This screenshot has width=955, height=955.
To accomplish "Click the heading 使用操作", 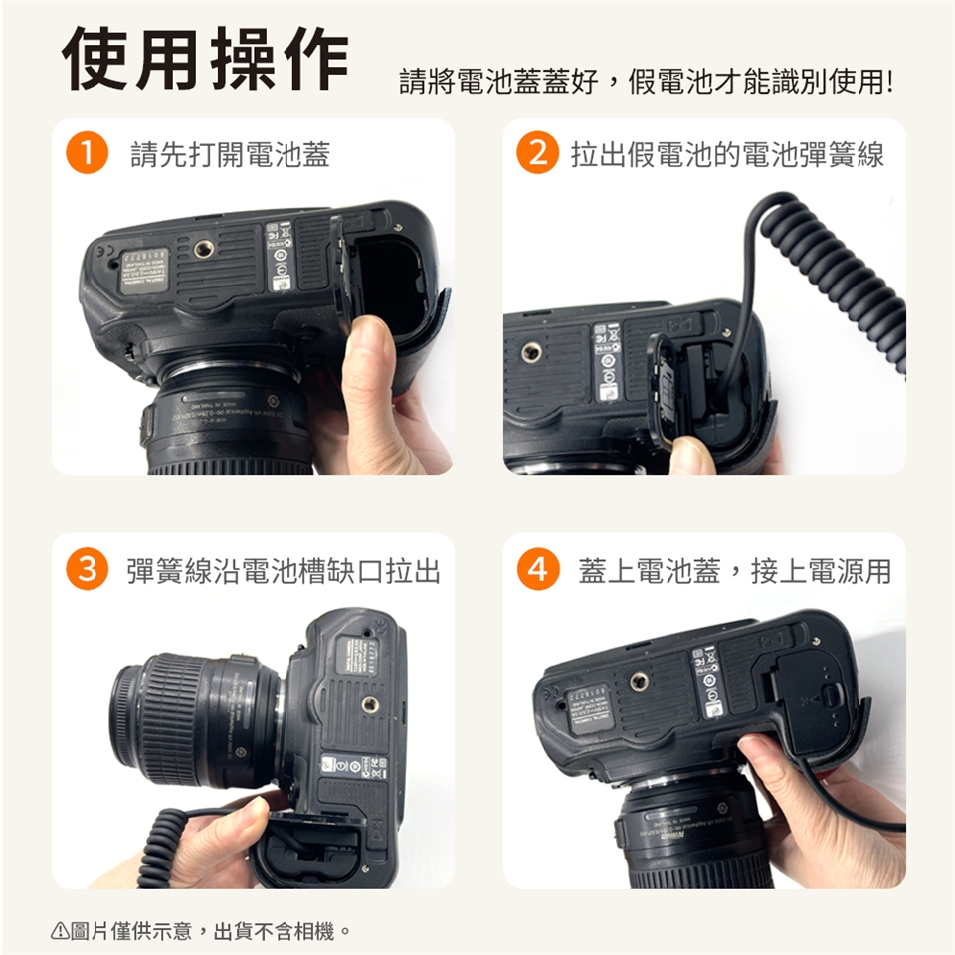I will coord(206,58).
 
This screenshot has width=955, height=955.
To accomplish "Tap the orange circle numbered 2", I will coord(537,154).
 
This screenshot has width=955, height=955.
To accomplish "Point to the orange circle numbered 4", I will coord(537,570).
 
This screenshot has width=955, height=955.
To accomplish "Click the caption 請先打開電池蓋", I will coord(230,154).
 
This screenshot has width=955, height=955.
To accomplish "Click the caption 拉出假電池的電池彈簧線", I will coord(726,154).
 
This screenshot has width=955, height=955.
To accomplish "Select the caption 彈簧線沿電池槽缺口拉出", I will coord(284,570).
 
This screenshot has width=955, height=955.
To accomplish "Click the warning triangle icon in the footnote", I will coord(59,932).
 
